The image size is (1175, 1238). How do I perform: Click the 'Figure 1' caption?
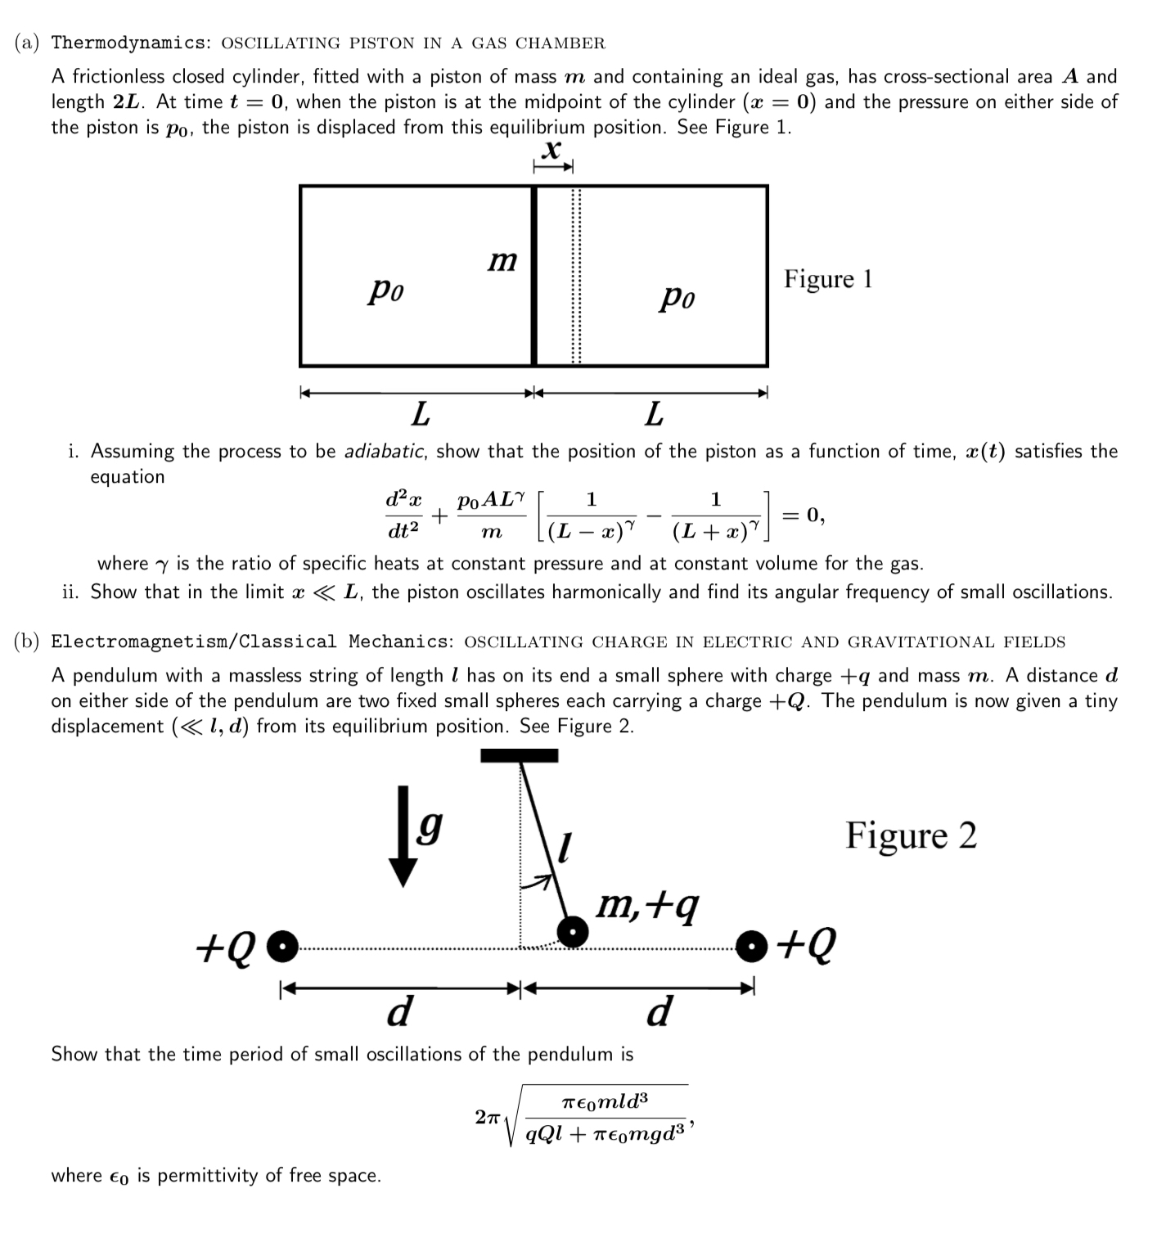point(827,279)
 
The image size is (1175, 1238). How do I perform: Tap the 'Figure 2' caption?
point(911,835)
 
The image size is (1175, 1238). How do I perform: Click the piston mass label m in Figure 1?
point(502,261)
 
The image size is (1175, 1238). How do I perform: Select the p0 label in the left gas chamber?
point(385,290)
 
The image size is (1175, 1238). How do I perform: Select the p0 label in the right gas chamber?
point(677,298)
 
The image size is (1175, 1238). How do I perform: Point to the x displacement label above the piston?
point(553,150)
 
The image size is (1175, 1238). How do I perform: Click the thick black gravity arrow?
point(402,835)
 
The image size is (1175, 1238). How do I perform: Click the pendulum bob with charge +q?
point(573,931)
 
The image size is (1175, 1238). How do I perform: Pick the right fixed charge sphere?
point(752,946)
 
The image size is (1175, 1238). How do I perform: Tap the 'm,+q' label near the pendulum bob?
point(648,904)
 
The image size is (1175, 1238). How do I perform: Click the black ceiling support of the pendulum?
point(519,755)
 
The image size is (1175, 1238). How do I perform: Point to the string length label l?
point(563,847)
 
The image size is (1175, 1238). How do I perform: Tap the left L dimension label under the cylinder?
point(420,415)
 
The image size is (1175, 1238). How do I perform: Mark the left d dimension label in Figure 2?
point(398,1012)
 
